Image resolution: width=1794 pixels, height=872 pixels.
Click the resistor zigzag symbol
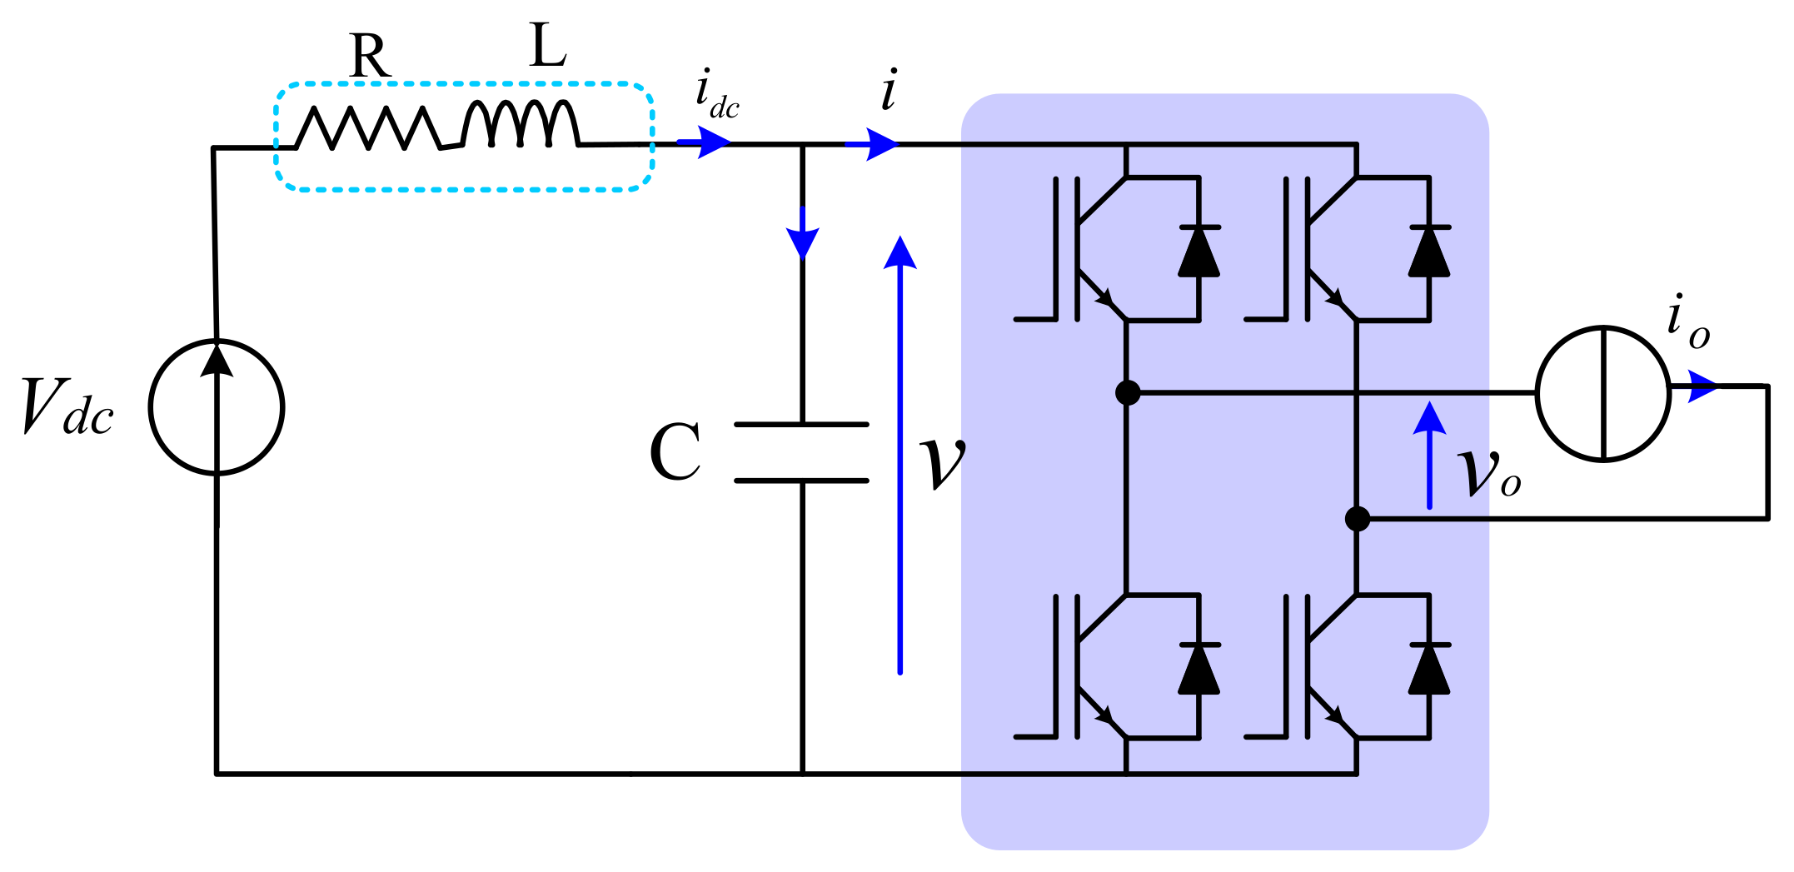point(368,128)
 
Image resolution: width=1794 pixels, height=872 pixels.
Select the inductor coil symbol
point(521,125)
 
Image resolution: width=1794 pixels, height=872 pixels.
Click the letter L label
point(548,47)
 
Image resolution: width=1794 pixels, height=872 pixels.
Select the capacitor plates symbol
point(802,452)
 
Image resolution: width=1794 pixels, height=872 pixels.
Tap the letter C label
point(675,452)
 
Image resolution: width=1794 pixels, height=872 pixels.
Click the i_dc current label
point(716,95)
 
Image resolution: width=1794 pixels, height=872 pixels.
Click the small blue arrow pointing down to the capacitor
point(802,235)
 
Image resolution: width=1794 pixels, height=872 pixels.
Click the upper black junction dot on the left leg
point(1127,392)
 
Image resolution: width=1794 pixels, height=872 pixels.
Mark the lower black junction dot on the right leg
point(1358,519)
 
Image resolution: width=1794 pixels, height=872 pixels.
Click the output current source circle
point(1603,393)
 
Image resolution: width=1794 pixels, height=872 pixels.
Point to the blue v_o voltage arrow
point(1429,455)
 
